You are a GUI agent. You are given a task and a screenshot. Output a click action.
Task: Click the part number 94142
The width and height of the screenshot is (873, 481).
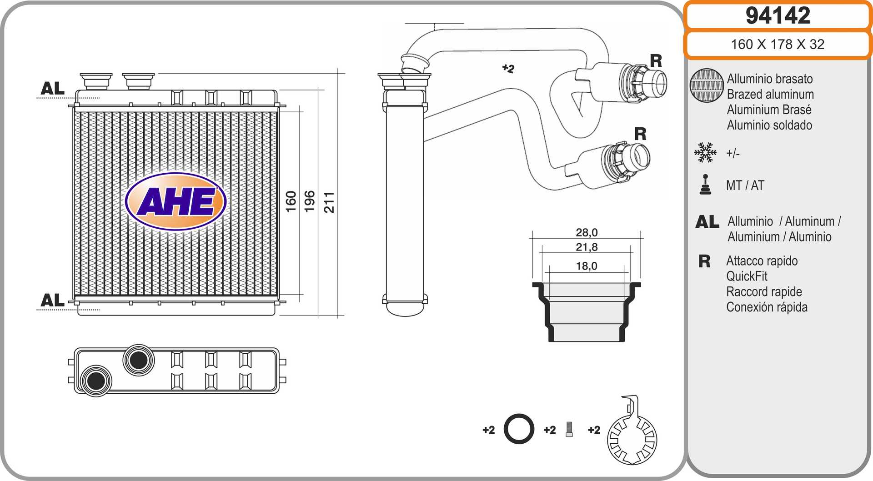coord(778,16)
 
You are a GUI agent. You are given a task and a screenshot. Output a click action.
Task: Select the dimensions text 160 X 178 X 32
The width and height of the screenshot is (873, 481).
coord(778,44)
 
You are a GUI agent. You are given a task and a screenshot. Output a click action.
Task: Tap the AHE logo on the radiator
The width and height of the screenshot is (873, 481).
coord(176,201)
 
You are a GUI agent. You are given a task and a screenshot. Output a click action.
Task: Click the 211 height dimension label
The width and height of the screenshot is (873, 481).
coord(329,202)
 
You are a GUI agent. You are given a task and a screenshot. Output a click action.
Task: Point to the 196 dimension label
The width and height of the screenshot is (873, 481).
coord(310,201)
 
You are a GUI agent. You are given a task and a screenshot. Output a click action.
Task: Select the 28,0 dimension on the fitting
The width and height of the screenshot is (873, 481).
coord(587,232)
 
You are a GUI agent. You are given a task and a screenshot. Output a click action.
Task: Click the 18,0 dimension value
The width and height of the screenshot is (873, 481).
coord(587,266)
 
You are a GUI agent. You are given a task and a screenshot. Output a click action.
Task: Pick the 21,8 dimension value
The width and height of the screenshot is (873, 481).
coord(587,247)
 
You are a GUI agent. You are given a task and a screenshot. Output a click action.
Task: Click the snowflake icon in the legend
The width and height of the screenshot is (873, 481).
coord(705,153)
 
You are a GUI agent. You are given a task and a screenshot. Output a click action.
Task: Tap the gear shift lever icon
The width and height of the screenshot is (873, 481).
coord(705,185)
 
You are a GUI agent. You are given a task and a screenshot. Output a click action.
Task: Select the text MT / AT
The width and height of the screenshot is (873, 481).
coord(745,185)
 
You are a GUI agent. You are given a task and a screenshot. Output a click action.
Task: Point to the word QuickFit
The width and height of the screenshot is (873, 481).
coord(747,276)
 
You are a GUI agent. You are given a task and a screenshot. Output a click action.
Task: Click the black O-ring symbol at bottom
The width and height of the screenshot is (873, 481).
coord(519,429)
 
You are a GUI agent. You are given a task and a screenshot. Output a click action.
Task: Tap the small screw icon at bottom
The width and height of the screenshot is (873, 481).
coord(569,429)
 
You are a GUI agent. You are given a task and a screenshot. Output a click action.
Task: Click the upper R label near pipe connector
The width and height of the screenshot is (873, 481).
coord(656,60)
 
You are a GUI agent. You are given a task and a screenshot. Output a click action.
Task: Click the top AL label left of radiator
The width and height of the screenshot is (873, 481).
coord(53,88)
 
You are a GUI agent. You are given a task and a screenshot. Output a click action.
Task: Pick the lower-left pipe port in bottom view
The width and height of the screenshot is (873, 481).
coord(96,381)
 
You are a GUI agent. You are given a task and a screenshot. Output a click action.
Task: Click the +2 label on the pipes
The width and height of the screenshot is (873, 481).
coord(508,69)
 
